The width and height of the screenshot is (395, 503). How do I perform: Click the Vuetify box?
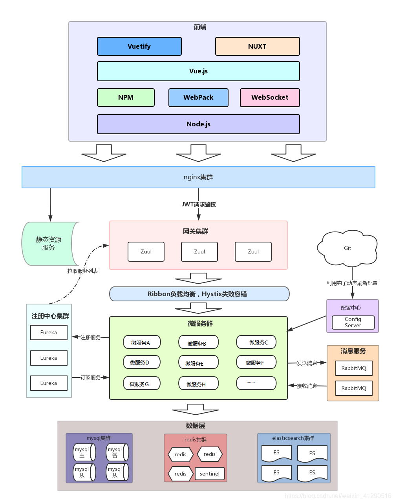coord(139,46)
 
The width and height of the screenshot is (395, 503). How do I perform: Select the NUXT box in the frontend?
coord(257,46)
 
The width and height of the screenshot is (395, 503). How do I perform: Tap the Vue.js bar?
coord(198,71)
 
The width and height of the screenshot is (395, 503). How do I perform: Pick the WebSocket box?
coord(270,97)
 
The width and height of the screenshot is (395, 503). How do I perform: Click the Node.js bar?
coord(198,124)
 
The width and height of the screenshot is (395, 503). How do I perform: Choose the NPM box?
coord(126,97)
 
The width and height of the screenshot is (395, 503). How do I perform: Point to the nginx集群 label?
coord(198,177)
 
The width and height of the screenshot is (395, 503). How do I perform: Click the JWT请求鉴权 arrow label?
coord(199,204)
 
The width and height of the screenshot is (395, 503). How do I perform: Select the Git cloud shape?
coord(347,248)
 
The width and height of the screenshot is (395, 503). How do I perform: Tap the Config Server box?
coord(353,322)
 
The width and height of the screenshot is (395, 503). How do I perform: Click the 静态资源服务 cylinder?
coord(49,244)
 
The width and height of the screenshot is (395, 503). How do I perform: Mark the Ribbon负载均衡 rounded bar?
coord(199,294)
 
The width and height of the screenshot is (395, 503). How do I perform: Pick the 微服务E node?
coord(198,363)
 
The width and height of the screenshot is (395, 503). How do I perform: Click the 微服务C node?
coord(256,342)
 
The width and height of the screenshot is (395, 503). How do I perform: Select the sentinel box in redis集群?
coord(210,474)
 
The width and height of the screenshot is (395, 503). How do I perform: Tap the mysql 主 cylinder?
coord(84,452)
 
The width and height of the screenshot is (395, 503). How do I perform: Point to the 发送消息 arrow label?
coord(307,363)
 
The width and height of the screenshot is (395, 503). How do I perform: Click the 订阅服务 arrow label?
coord(91,377)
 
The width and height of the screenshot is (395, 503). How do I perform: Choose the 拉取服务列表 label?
coord(82,271)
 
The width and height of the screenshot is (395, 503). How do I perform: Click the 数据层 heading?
coord(196,426)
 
